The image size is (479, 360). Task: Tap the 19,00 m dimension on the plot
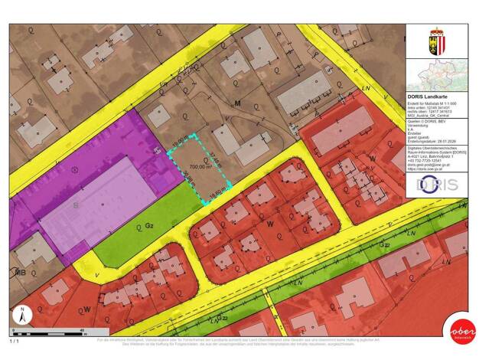tap(180, 142)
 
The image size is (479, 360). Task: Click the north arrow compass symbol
tap(23, 315)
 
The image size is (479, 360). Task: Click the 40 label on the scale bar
tap(83, 330)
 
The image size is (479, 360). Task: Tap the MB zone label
tap(21, 271)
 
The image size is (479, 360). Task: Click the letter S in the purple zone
tap(75, 206)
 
